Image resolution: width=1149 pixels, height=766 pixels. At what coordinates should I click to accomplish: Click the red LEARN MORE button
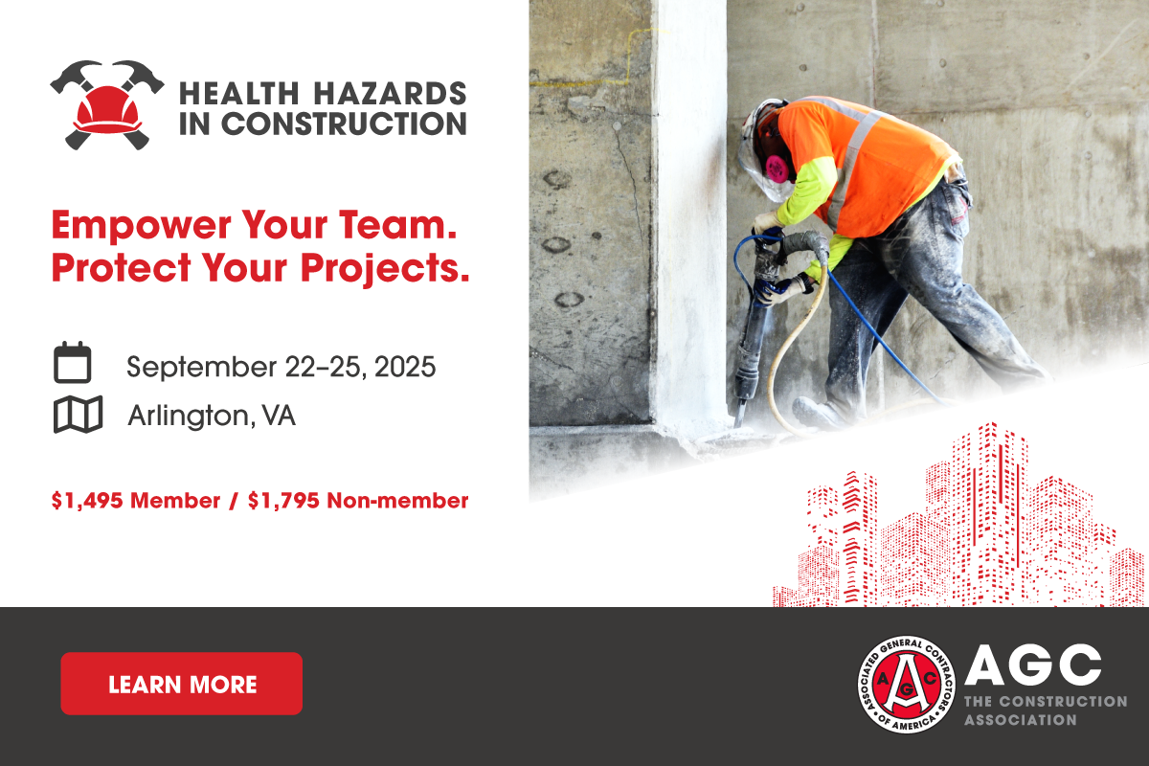(182, 684)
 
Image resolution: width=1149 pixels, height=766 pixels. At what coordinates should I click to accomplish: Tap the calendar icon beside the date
(73, 362)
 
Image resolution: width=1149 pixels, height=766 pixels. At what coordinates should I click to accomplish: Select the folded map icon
(78, 414)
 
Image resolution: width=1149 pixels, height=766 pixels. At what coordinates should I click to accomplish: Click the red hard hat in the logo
(107, 109)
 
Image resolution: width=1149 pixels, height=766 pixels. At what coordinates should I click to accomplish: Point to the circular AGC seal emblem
(907, 685)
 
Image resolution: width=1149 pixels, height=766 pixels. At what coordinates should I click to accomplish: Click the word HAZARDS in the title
(390, 94)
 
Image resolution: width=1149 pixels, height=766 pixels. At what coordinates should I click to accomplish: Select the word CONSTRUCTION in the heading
(344, 124)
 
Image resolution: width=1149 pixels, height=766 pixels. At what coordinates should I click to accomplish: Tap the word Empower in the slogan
(141, 226)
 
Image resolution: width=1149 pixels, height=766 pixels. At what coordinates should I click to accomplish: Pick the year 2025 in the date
(405, 367)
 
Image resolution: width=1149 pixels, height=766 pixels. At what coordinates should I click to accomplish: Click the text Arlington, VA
(212, 415)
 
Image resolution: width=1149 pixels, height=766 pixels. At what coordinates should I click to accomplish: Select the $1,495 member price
(87, 501)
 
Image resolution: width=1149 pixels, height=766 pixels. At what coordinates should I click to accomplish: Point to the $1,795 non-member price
(283, 501)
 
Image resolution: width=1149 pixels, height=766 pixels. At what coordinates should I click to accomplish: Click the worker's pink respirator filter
(777, 169)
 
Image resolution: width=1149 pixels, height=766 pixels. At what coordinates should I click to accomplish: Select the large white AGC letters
(1033, 665)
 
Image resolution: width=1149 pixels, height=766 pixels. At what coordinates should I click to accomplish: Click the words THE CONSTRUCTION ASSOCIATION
(1046, 710)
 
